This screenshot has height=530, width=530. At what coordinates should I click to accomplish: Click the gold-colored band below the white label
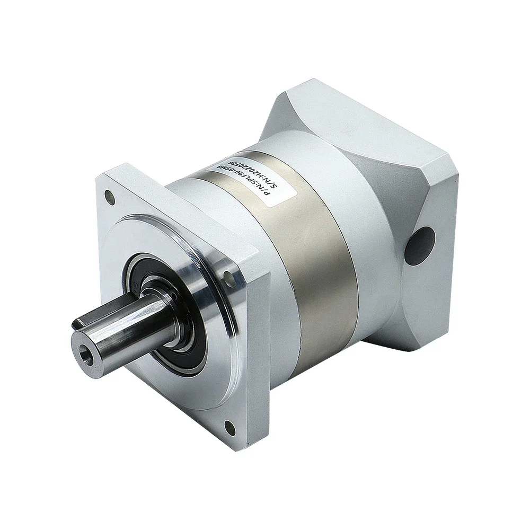(x=313, y=265)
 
